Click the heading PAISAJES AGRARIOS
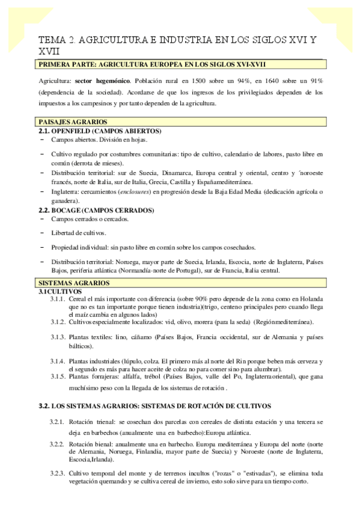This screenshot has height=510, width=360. (x=73, y=121)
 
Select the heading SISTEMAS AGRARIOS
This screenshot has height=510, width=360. (x=74, y=283)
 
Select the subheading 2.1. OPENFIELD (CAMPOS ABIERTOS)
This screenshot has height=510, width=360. (x=100, y=131)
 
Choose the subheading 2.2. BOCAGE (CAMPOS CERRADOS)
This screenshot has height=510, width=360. (x=99, y=210)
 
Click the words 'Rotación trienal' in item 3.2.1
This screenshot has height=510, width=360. (x=90, y=423)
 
